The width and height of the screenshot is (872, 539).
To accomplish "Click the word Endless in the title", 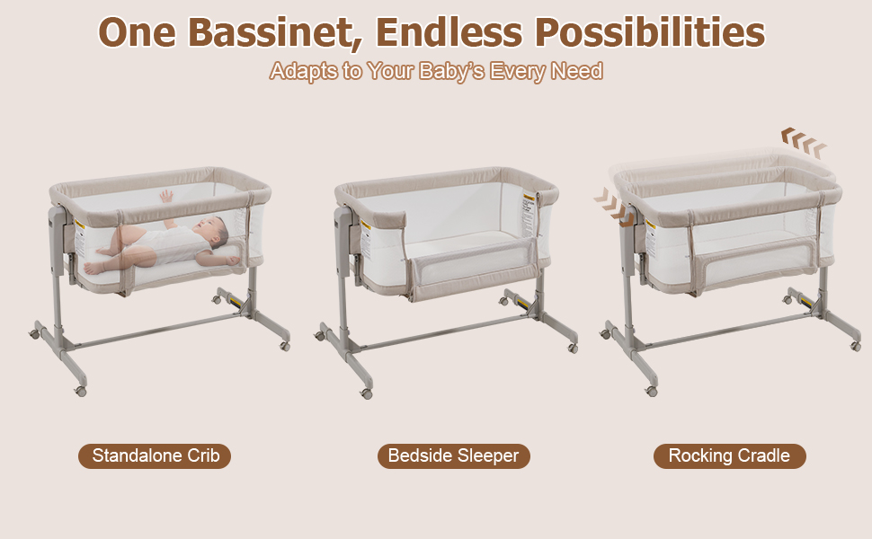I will [x=449, y=32].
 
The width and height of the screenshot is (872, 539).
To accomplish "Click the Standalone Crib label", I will [x=155, y=455].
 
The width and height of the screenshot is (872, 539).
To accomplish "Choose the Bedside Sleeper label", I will [x=453, y=455].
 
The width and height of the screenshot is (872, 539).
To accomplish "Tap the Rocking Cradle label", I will [x=729, y=455].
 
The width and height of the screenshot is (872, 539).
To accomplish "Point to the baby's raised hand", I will [x=166, y=195].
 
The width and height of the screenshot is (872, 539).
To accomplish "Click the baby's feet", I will [x=93, y=267].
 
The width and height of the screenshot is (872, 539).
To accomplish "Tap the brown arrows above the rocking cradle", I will [x=803, y=141].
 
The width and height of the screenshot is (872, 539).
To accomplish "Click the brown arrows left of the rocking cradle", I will [x=611, y=205].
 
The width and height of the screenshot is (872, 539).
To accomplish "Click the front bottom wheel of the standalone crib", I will [x=81, y=392].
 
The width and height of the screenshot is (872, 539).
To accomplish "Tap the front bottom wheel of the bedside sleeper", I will [x=367, y=393].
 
